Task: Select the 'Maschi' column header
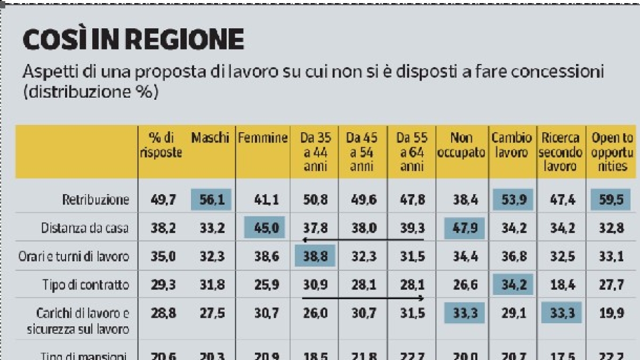coord(210,138)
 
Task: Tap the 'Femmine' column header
coord(263,138)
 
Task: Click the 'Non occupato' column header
coord(461,146)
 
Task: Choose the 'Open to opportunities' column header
coord(612,152)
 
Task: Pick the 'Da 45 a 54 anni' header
coord(362,152)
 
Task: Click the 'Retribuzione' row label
coord(94,200)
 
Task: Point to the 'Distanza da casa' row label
coord(85,228)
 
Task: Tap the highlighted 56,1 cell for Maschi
coord(210,200)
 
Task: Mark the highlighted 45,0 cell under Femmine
coord(265,228)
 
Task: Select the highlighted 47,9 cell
coord(464,228)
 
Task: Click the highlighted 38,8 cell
coord(314,256)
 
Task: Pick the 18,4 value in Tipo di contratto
coord(561,284)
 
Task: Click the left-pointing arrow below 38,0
coord(363,240)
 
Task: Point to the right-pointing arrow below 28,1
coord(363,298)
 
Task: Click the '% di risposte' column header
coord(161,145)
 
